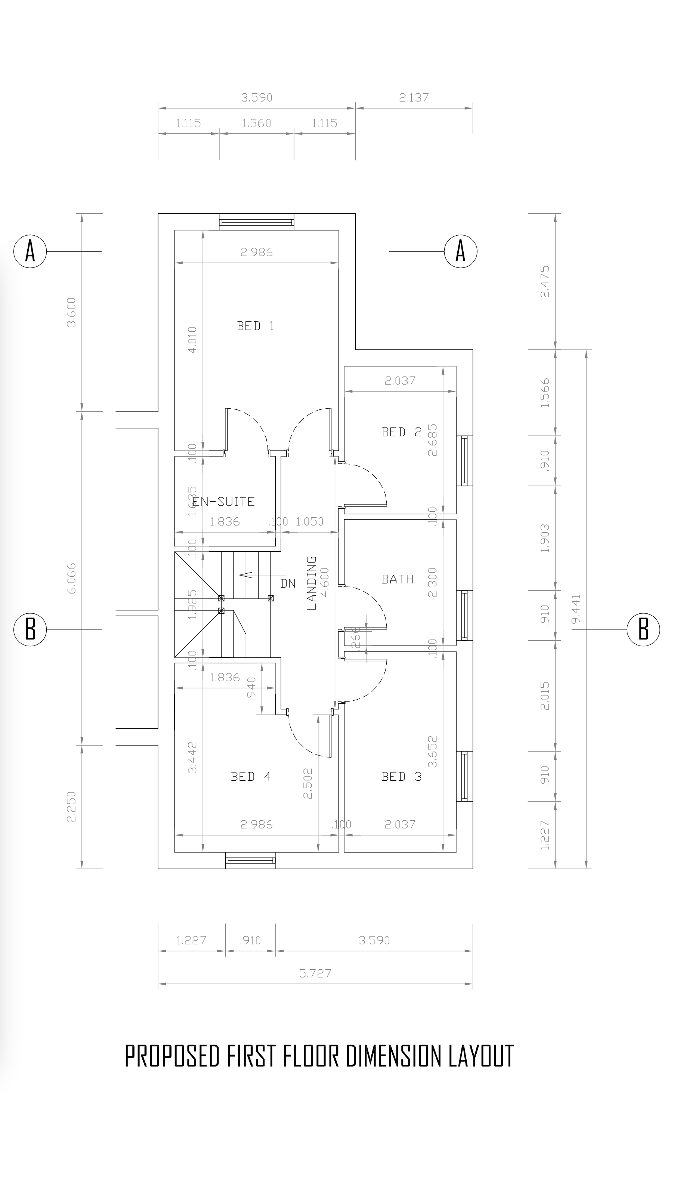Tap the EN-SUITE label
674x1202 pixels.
pyautogui.click(x=224, y=502)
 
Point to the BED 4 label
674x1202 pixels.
pyautogui.click(x=251, y=777)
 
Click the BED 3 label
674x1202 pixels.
pyautogui.click(x=401, y=777)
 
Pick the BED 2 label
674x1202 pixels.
pyautogui.click(x=401, y=432)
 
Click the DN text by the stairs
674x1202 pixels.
pyautogui.click(x=288, y=583)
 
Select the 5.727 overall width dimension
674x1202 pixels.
pyautogui.click(x=315, y=973)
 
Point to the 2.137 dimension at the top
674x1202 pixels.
pyautogui.click(x=414, y=97)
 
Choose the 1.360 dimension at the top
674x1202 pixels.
pyautogui.click(x=256, y=123)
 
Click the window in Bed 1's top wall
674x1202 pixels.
pyautogui.click(x=257, y=221)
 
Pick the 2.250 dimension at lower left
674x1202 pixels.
pyautogui.click(x=71, y=806)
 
